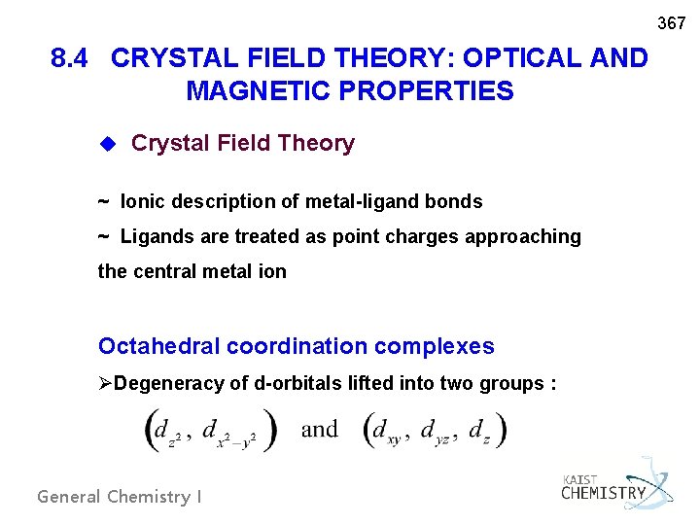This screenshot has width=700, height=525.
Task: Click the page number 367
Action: [672, 22]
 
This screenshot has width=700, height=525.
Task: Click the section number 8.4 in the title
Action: [74, 58]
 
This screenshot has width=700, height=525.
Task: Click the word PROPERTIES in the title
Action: [423, 91]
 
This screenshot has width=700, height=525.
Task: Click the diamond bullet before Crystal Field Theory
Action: [109, 144]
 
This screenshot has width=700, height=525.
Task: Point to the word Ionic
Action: [142, 202]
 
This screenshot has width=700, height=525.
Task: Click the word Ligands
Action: [156, 237]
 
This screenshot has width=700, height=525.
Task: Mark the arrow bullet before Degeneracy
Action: [106, 384]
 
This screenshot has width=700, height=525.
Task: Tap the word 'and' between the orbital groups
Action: [320, 429]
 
